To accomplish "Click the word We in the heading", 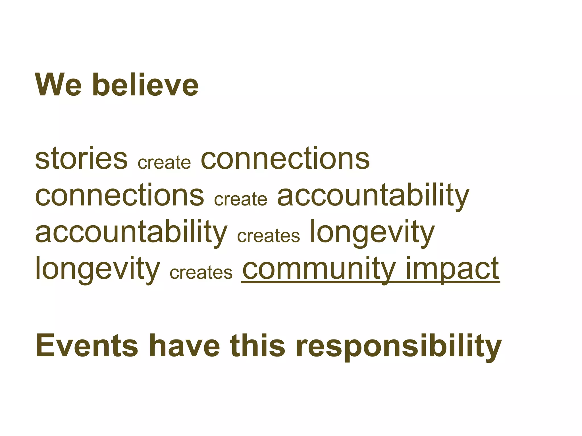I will (x=59, y=85).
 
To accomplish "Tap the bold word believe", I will (x=145, y=85).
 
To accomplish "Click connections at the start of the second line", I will (x=119, y=195).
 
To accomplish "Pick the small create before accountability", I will (x=240, y=199).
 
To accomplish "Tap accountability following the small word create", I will (x=373, y=196).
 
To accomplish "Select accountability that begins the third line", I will (x=131, y=232).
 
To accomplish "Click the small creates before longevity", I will (x=268, y=236).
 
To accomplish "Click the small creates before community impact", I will (x=201, y=272).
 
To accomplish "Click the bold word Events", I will (x=87, y=346).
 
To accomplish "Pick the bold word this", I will (x=257, y=346).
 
